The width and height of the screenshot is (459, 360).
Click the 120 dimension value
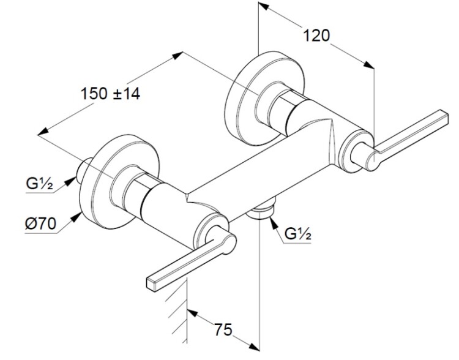tap(316, 36)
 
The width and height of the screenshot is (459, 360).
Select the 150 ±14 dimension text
tap(110, 94)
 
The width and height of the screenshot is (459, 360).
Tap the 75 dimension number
tap(223, 330)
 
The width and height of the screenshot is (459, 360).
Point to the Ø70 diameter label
tap(40, 224)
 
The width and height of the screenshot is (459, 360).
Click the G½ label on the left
tap(40, 184)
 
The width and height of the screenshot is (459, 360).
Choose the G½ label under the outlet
tap(298, 234)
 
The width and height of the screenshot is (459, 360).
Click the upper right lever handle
tap(408, 138)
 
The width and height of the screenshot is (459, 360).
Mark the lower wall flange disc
tap(119, 181)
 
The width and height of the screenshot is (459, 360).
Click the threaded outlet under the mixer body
tap(261, 209)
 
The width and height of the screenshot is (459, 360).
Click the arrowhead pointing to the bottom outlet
tap(274, 223)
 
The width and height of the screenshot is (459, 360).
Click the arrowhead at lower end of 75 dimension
tap(254, 347)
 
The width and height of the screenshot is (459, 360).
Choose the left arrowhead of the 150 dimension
tap(43, 131)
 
